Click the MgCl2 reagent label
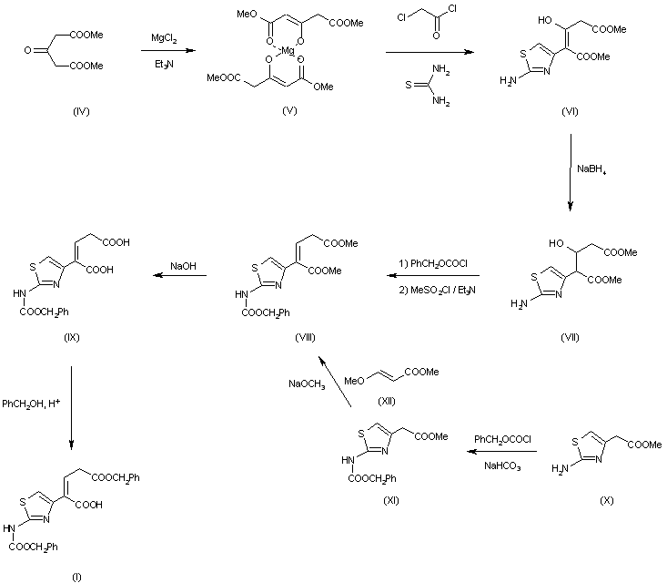164,39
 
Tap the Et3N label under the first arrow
164,65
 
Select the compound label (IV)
81,111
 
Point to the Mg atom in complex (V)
288,51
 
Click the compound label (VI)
570,111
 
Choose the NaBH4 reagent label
591,169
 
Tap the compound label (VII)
570,338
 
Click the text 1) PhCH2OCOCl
432,264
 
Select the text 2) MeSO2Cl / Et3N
438,291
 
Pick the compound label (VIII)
305,338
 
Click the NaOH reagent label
183,266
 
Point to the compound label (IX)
72,338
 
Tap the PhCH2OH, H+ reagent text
31,404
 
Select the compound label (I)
76,577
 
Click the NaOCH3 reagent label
307,384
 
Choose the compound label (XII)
387,401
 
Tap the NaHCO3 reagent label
502,466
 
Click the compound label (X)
607,500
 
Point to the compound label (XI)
391,500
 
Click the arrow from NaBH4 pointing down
570,172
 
